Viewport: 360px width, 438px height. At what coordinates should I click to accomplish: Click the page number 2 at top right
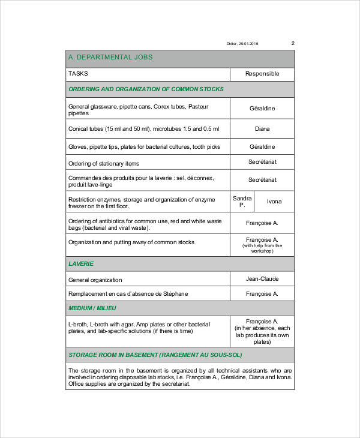click(293, 43)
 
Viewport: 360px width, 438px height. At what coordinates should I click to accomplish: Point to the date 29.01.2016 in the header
click(249, 44)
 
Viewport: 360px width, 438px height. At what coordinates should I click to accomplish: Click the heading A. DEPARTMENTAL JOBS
click(110, 58)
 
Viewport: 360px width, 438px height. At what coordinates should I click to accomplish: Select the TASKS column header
click(78, 74)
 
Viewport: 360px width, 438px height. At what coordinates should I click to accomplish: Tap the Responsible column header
click(262, 74)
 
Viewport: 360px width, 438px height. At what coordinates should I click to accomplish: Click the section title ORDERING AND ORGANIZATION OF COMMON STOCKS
click(146, 89)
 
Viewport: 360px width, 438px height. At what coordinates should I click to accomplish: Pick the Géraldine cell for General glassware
click(262, 109)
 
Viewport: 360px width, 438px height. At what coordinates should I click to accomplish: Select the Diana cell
click(262, 129)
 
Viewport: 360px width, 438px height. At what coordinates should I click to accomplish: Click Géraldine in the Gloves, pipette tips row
click(262, 146)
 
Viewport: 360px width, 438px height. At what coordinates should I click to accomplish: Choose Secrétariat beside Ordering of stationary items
click(262, 162)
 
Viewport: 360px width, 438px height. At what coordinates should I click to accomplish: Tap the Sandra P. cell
click(242, 202)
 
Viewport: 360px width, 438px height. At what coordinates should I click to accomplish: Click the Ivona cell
click(274, 202)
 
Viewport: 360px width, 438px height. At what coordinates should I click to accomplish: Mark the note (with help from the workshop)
click(262, 248)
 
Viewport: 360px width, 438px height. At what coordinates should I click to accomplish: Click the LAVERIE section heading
click(81, 264)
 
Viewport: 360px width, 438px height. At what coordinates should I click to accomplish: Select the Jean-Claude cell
click(262, 279)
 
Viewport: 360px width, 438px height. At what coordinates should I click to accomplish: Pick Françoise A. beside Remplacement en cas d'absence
click(262, 294)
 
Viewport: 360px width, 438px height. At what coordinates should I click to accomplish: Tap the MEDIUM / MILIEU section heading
click(92, 308)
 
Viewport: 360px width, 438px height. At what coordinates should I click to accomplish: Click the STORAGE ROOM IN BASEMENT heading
click(155, 355)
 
